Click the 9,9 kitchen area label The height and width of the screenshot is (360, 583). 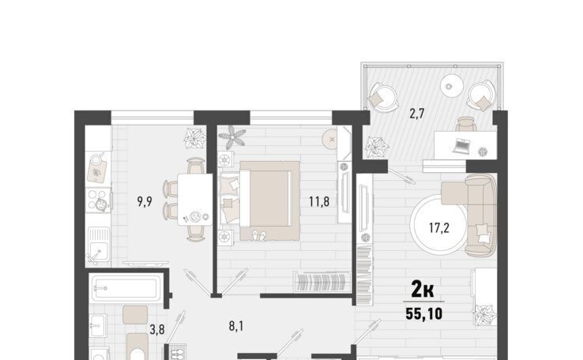[145, 202]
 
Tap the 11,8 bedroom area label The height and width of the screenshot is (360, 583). [319, 202]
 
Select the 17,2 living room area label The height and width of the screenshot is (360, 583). [439, 227]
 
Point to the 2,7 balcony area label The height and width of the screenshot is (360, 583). [417, 114]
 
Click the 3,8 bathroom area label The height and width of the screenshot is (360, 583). [157, 329]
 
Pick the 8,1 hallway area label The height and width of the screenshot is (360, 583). [236, 327]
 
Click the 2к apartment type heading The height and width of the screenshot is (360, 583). [423, 290]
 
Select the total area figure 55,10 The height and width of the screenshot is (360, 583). [424, 314]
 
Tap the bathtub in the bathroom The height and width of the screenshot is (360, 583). [125, 288]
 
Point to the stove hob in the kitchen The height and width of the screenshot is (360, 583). [99, 201]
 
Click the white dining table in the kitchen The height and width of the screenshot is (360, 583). [195, 200]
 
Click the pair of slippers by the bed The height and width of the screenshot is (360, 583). [259, 234]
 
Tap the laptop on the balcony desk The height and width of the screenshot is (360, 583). [462, 146]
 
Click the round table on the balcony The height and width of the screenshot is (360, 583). [450, 86]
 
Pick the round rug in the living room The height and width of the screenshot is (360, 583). [438, 223]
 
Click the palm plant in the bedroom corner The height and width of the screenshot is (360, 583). [232, 136]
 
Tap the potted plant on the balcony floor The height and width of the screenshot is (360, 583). [377, 147]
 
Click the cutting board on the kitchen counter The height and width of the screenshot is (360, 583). [96, 171]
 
